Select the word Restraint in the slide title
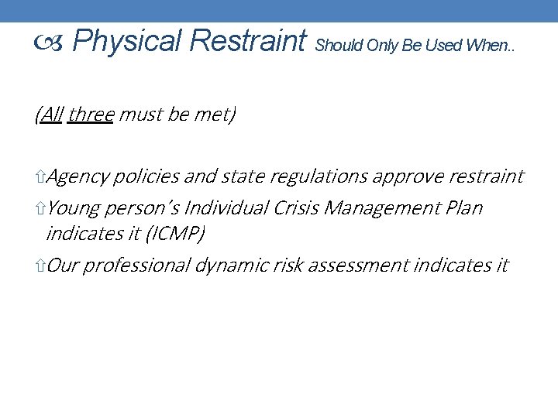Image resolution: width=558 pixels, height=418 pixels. click(x=248, y=41)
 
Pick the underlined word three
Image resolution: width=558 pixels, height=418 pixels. click(x=91, y=115)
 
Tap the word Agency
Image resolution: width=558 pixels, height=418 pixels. click(x=77, y=176)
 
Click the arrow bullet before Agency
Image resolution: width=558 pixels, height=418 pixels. click(x=40, y=177)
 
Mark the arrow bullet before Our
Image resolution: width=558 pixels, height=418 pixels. click(x=40, y=266)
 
